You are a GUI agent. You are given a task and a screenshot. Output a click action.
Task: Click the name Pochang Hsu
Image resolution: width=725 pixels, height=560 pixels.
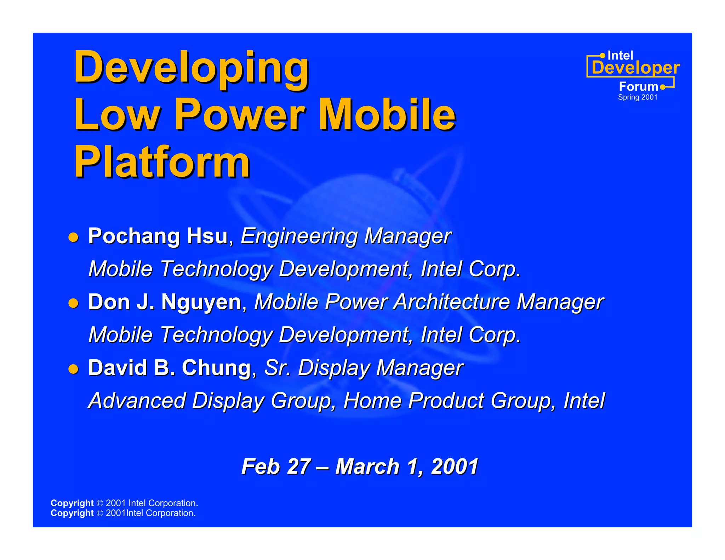click(x=158, y=236)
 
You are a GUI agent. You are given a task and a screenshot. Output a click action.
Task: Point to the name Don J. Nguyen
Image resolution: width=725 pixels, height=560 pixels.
click(x=165, y=302)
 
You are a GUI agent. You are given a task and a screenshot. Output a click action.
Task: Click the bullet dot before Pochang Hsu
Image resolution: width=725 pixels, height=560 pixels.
click(x=73, y=237)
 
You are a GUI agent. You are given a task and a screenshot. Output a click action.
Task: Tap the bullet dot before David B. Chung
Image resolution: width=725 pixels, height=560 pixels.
click(x=73, y=369)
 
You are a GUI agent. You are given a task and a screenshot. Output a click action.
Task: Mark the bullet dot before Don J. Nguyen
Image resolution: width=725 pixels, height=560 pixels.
click(x=73, y=303)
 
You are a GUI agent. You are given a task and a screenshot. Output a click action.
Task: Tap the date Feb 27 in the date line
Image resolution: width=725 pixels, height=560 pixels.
click(x=276, y=466)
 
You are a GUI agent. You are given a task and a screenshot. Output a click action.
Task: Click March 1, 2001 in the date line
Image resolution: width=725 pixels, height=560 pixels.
click(x=407, y=466)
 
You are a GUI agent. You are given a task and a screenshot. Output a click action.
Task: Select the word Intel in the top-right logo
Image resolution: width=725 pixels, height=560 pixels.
click(x=620, y=56)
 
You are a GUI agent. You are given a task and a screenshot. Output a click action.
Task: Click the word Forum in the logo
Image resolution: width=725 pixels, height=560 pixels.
click(x=638, y=87)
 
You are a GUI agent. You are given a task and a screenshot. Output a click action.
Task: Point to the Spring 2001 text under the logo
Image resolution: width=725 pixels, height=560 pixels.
click(x=637, y=97)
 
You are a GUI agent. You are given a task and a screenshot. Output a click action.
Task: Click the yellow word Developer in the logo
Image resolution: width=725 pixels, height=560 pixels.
click(x=635, y=68)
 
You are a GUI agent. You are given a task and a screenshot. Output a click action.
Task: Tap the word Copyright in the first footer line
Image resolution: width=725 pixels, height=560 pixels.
click(x=72, y=503)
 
